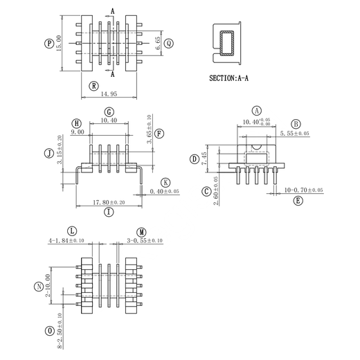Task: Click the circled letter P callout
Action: (x=49, y=44)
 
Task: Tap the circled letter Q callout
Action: (x=169, y=44)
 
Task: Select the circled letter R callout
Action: (x=94, y=86)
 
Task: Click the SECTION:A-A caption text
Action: (x=228, y=78)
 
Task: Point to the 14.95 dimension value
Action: (x=109, y=94)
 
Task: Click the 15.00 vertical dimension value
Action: (x=59, y=43)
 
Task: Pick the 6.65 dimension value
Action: (x=158, y=43)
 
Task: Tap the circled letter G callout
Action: (x=109, y=112)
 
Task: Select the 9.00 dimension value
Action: (x=78, y=132)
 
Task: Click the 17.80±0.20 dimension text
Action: (x=109, y=202)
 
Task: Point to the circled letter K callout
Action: (x=165, y=183)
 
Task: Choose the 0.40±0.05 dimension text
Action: (x=164, y=191)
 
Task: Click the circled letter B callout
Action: (x=296, y=124)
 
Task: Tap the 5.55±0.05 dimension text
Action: (x=294, y=134)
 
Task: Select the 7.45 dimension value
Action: (x=204, y=159)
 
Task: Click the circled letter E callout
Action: (x=298, y=201)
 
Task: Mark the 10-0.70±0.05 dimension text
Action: (x=303, y=190)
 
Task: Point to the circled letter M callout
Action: (x=141, y=232)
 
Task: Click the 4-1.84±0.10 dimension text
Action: (x=66, y=241)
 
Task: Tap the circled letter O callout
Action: (x=49, y=331)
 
